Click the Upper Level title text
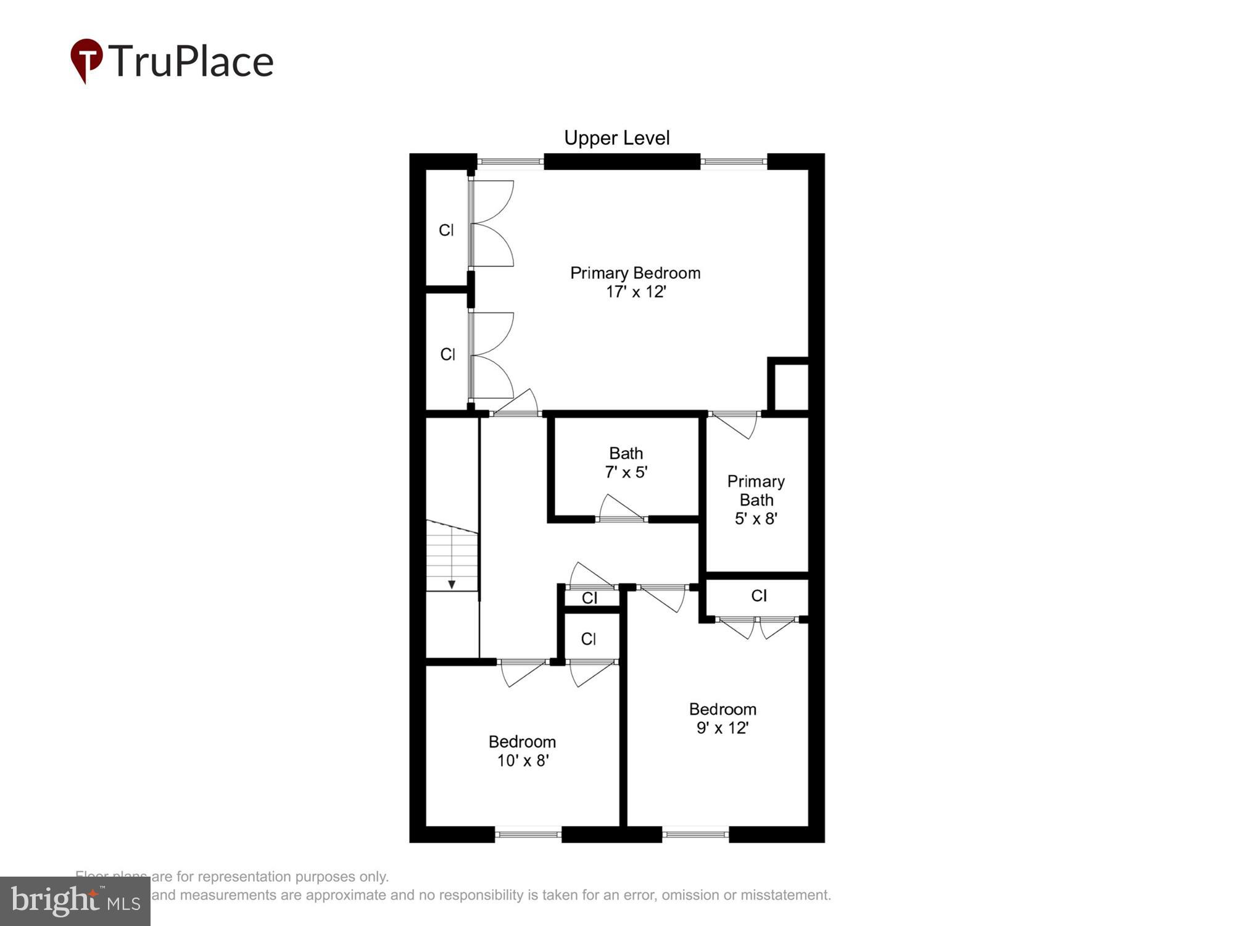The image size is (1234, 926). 616,138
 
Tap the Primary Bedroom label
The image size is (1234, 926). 635,273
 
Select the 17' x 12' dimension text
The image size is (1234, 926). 636,291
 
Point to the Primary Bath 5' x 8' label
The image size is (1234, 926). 756,499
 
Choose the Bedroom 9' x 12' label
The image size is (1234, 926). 723,719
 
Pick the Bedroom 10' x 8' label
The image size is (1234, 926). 522,751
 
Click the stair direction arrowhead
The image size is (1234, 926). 452,584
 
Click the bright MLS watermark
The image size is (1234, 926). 75,901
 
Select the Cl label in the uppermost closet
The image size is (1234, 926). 446,230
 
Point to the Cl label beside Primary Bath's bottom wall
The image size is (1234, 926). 759,596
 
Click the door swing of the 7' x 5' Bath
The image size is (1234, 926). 620,507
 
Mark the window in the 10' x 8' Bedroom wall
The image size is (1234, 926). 528,835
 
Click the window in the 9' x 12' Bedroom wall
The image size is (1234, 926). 696,835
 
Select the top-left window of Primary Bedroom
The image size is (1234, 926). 510,162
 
